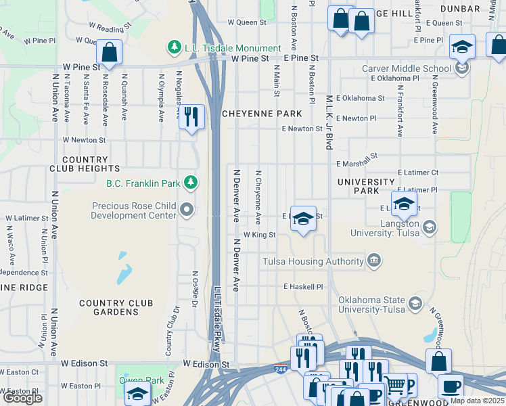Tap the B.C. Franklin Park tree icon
click(x=191, y=182)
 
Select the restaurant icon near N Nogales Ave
click(x=191, y=117)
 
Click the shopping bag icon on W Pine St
click(x=109, y=52)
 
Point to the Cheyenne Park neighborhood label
click(x=261, y=114)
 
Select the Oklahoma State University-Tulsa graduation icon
click(x=415, y=301)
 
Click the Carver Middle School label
click(x=406, y=68)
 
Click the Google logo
click(x=22, y=398)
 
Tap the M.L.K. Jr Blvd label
click(x=329, y=122)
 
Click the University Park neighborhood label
click(x=365, y=186)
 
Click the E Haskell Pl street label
click(x=304, y=287)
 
